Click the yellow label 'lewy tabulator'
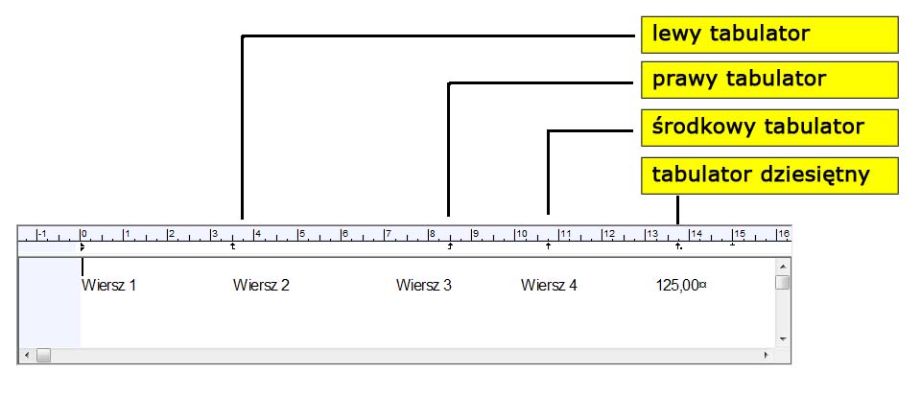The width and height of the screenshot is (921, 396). (768, 35)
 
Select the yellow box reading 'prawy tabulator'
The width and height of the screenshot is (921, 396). (768, 79)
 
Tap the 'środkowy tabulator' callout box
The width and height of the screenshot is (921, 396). (768, 127)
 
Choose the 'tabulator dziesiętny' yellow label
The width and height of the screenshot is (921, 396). (768, 175)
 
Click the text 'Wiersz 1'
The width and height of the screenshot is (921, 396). (109, 285)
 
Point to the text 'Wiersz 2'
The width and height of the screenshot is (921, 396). (261, 285)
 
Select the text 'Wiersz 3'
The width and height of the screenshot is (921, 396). (423, 285)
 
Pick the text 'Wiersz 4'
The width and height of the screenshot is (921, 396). (549, 285)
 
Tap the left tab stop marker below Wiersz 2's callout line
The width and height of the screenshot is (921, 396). (233, 246)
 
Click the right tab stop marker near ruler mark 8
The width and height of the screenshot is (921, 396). (450, 246)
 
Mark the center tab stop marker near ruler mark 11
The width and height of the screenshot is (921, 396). (548, 246)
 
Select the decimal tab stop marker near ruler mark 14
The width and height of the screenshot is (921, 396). (678, 246)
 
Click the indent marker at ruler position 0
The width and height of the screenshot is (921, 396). (83, 246)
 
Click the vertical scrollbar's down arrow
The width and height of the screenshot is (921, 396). (783, 338)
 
